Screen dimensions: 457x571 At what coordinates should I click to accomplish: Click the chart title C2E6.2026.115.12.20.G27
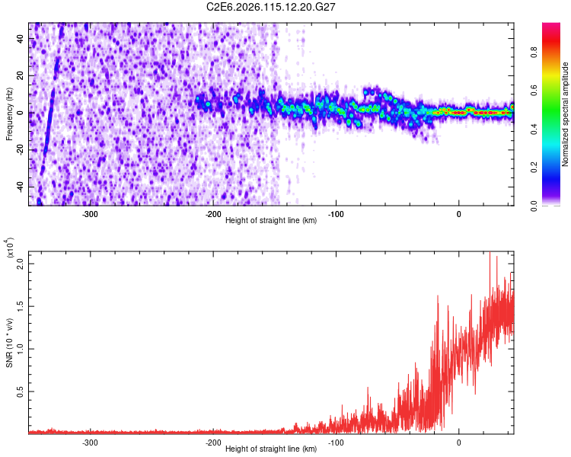point(271,7)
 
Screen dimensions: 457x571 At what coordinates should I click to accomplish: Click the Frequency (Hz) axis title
point(9,113)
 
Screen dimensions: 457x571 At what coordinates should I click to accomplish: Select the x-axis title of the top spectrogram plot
point(271,222)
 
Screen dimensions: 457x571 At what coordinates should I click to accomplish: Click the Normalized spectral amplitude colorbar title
point(566,114)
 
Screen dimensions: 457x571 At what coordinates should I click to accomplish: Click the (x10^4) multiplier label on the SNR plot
point(10,249)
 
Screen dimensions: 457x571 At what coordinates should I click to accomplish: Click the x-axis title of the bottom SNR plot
point(271,449)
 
